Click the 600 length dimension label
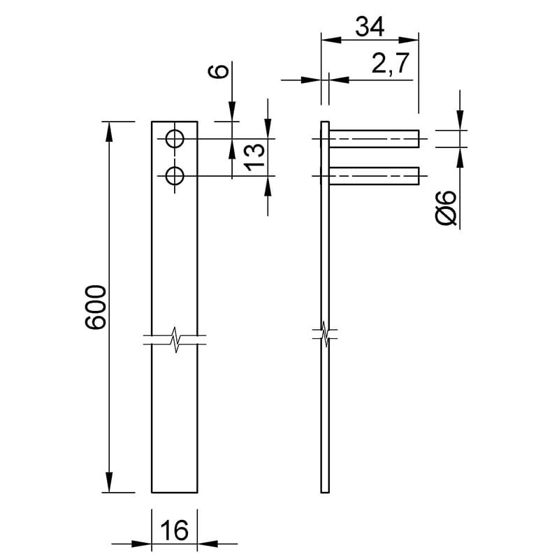(x=96, y=307)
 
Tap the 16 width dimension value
(x=174, y=530)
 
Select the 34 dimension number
(x=370, y=27)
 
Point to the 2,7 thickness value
(x=389, y=63)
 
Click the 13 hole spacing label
(x=255, y=157)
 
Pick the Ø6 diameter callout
(x=446, y=208)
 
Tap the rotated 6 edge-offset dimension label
(x=218, y=71)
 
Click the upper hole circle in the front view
(x=175, y=138)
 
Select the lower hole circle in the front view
(x=175, y=176)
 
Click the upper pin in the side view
(x=374, y=138)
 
